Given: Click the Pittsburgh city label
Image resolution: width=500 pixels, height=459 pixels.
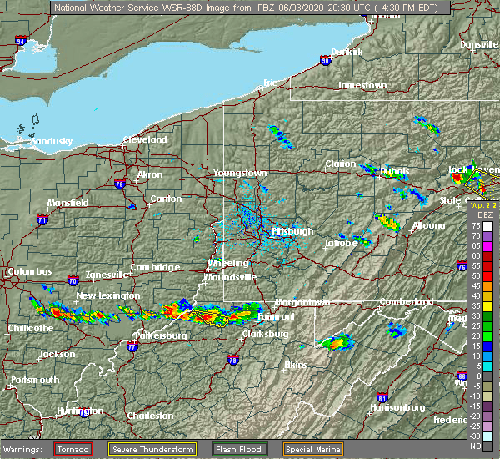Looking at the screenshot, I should point(292,231).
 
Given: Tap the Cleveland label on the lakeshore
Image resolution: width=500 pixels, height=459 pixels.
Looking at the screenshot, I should point(145,139).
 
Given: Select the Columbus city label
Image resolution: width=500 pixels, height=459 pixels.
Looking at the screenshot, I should point(29,271).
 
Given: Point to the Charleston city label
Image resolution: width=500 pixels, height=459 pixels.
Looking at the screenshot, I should point(150,416).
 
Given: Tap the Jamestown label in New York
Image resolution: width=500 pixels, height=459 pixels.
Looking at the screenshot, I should point(362,86).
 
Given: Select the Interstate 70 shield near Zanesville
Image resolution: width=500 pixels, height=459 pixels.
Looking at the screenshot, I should point(74,280).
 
